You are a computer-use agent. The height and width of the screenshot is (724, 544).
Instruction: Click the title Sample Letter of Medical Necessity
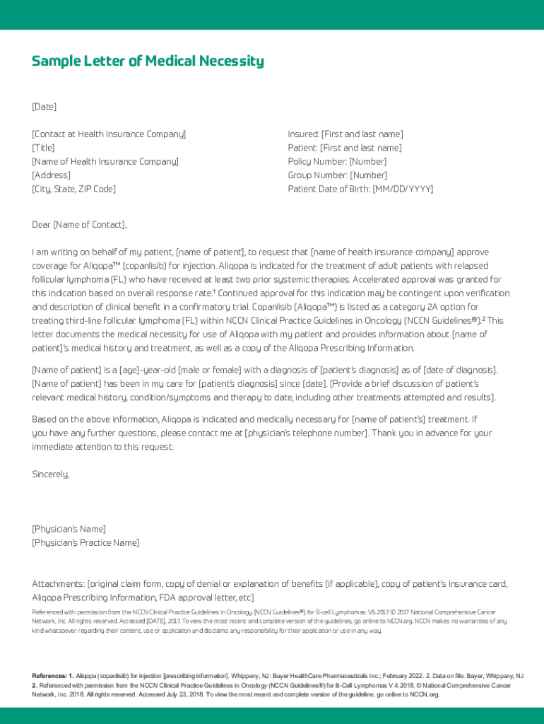(x=148, y=62)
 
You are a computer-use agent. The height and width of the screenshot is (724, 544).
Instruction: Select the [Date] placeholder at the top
(x=44, y=107)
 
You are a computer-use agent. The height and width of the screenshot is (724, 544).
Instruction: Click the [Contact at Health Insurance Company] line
(x=109, y=134)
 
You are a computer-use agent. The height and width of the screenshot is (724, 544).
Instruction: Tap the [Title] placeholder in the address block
(x=43, y=148)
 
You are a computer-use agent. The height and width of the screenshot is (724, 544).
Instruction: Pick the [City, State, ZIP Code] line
(x=73, y=189)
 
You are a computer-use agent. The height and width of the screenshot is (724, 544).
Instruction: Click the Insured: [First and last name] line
(x=345, y=134)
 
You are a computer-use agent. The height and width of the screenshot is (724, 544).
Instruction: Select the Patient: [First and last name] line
(x=344, y=148)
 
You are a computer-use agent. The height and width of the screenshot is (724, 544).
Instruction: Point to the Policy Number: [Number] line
(x=336, y=162)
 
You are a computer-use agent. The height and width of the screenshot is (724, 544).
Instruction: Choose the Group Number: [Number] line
(x=337, y=175)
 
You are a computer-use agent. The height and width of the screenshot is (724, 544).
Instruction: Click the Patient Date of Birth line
(x=360, y=189)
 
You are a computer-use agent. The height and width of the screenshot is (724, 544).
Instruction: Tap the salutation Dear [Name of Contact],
(x=79, y=225)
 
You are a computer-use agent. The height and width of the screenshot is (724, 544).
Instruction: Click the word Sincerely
(x=50, y=474)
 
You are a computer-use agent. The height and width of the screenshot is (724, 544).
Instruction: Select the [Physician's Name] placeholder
(x=69, y=529)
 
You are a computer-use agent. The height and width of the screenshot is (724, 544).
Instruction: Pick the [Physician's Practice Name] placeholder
(x=85, y=543)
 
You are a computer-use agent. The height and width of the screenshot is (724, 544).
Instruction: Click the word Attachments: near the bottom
(x=58, y=584)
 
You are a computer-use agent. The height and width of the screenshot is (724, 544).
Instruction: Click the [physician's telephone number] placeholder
(x=306, y=433)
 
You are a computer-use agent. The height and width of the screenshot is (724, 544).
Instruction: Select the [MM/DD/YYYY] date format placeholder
(x=403, y=189)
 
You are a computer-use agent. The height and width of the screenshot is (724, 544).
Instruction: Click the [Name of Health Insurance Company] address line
(x=105, y=162)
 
